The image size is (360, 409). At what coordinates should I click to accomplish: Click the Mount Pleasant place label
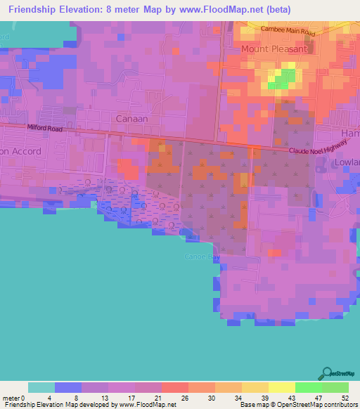[274, 49]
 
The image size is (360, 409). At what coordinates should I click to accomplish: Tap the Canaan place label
[131, 119]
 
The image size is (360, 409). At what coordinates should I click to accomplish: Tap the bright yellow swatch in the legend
[281, 387]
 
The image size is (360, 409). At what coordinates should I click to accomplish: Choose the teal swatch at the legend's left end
[41, 387]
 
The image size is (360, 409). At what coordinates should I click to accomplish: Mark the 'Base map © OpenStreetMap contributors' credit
[297, 405]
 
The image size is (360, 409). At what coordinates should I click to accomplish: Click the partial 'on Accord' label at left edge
[21, 151]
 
